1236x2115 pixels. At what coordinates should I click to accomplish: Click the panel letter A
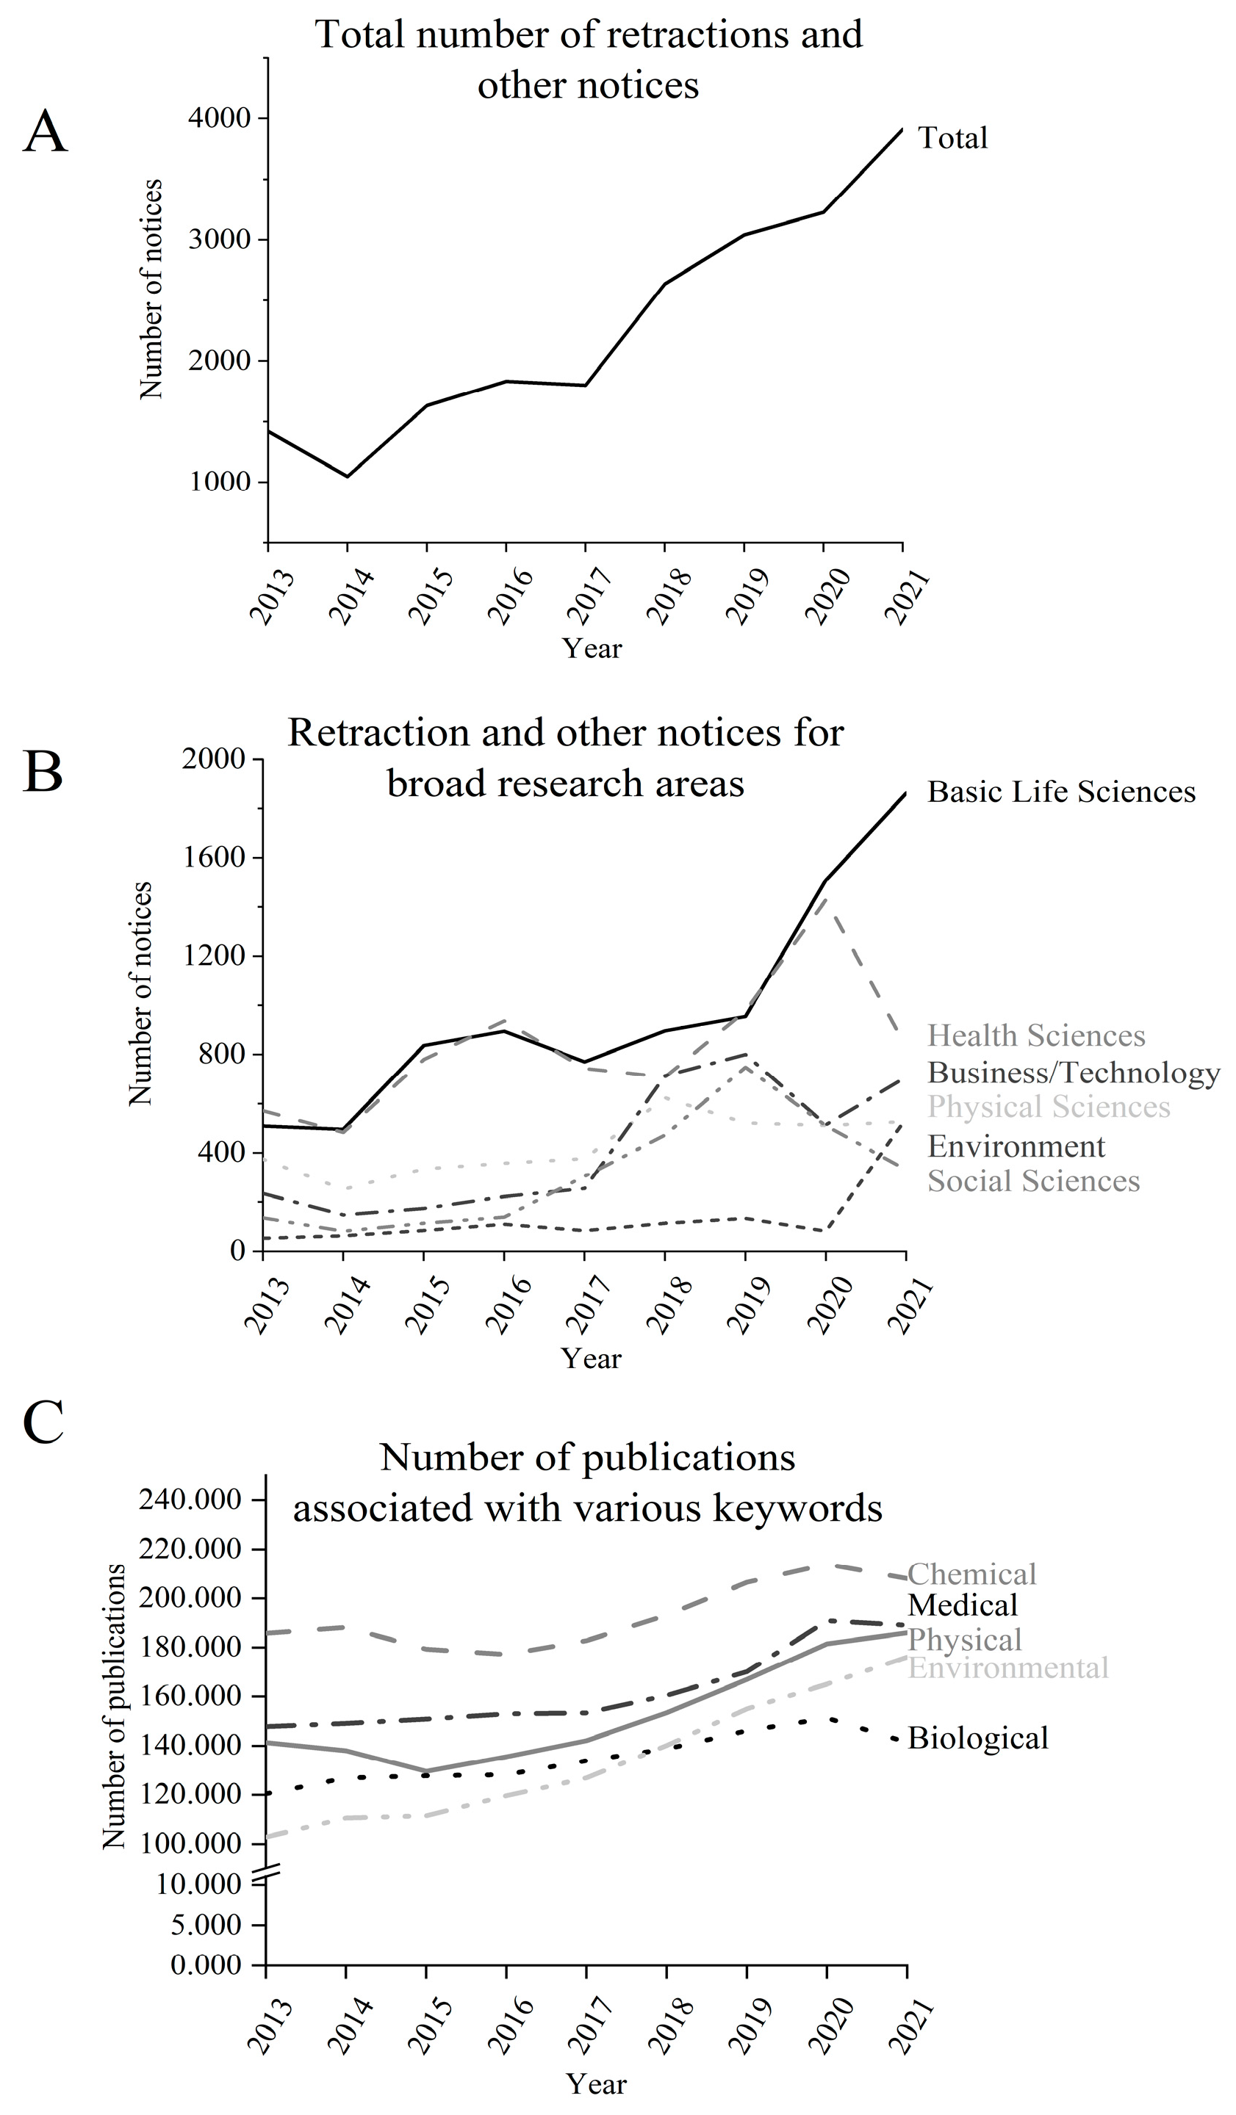coord(45,133)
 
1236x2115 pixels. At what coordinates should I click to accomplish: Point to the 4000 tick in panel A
coord(219,118)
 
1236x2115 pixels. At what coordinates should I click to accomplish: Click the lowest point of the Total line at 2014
coord(347,477)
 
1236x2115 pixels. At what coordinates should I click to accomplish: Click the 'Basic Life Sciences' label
coord(1060,792)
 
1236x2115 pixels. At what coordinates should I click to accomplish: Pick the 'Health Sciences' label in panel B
coord(1035,1035)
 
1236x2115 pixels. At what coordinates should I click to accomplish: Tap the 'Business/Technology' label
coord(1073,1073)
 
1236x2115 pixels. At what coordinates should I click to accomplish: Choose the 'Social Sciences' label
coord(1032,1181)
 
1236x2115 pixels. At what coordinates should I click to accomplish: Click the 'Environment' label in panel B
coord(1016,1146)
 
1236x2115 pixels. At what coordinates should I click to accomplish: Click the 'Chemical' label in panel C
coord(971,1573)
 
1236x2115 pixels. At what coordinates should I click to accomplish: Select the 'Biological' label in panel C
coord(977,1738)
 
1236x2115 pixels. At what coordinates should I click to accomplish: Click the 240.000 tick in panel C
coord(190,1499)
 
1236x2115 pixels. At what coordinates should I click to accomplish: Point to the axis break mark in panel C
coord(265,1868)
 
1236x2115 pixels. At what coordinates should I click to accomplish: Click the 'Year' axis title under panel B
coord(590,1358)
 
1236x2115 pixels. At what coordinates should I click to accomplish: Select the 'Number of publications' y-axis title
coord(113,1707)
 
